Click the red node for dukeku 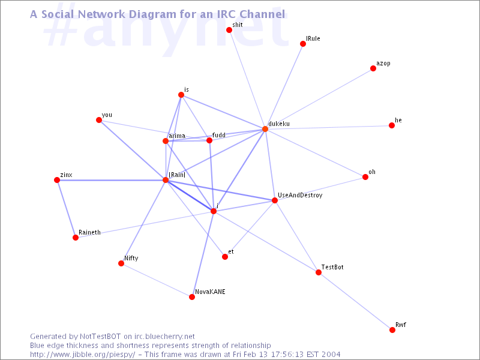click(x=265, y=129)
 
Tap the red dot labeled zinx click(x=57, y=180)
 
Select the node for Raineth click(x=76, y=238)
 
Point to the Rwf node click(x=392, y=329)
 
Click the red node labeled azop click(x=373, y=68)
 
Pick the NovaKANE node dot click(x=192, y=297)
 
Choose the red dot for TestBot click(x=319, y=272)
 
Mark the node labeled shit click(x=229, y=30)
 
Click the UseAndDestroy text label click(x=300, y=196)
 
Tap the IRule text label click(x=313, y=38)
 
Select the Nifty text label click(x=131, y=259)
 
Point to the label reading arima click(x=177, y=136)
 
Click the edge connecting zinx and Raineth click(x=66, y=209)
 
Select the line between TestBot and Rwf click(x=355, y=301)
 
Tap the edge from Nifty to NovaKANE click(x=157, y=280)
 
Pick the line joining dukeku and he click(x=328, y=127)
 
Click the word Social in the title click(x=58, y=14)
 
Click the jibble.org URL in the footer click(x=83, y=355)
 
